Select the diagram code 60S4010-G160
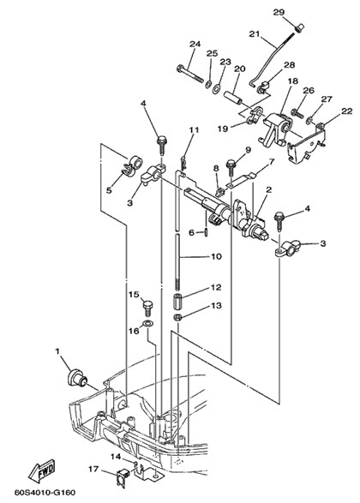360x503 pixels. click(x=45, y=492)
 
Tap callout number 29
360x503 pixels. click(x=279, y=12)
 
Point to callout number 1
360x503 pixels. click(x=57, y=352)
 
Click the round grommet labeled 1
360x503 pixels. click(x=76, y=378)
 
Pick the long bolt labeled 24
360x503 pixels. click(x=190, y=73)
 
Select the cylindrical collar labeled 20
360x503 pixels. click(x=234, y=98)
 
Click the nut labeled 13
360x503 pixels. click(x=177, y=318)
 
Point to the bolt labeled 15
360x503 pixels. click(x=147, y=307)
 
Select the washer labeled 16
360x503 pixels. click(x=147, y=323)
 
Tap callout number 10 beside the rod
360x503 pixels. click(x=216, y=256)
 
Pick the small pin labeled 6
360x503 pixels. click(x=206, y=232)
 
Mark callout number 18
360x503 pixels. click(x=292, y=81)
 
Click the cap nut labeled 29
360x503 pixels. click(x=299, y=27)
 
